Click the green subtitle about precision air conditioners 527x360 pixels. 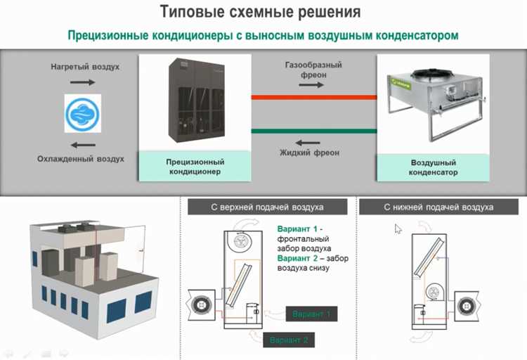click(263, 34)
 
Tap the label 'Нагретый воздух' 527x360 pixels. click(84, 67)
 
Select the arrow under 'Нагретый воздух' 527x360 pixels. click(83, 82)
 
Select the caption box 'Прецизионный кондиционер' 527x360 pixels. click(194, 167)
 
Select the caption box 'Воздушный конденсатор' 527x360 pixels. click(434, 167)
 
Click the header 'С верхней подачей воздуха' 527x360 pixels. click(267, 207)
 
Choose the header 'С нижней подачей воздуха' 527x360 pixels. click(438, 207)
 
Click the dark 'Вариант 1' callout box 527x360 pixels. click(311, 314)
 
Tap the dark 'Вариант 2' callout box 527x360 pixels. click(288, 340)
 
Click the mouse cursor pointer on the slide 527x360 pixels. click(398, 229)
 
